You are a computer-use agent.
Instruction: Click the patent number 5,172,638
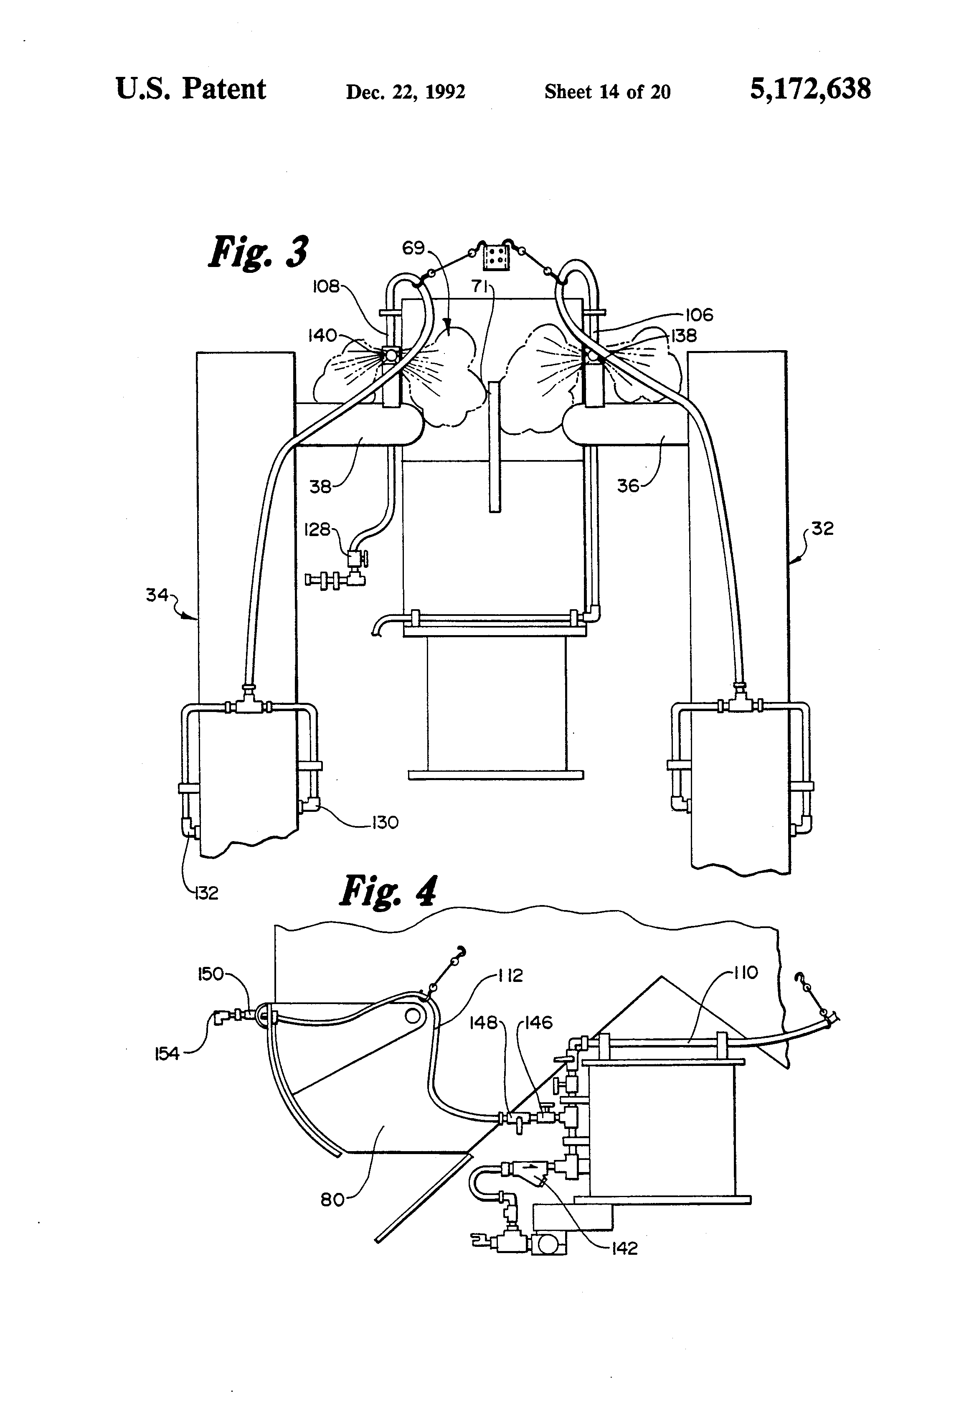click(x=810, y=89)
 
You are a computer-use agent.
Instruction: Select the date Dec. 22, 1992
click(x=406, y=92)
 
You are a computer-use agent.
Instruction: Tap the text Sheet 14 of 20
click(x=607, y=92)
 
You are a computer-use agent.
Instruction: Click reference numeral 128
click(x=317, y=529)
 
